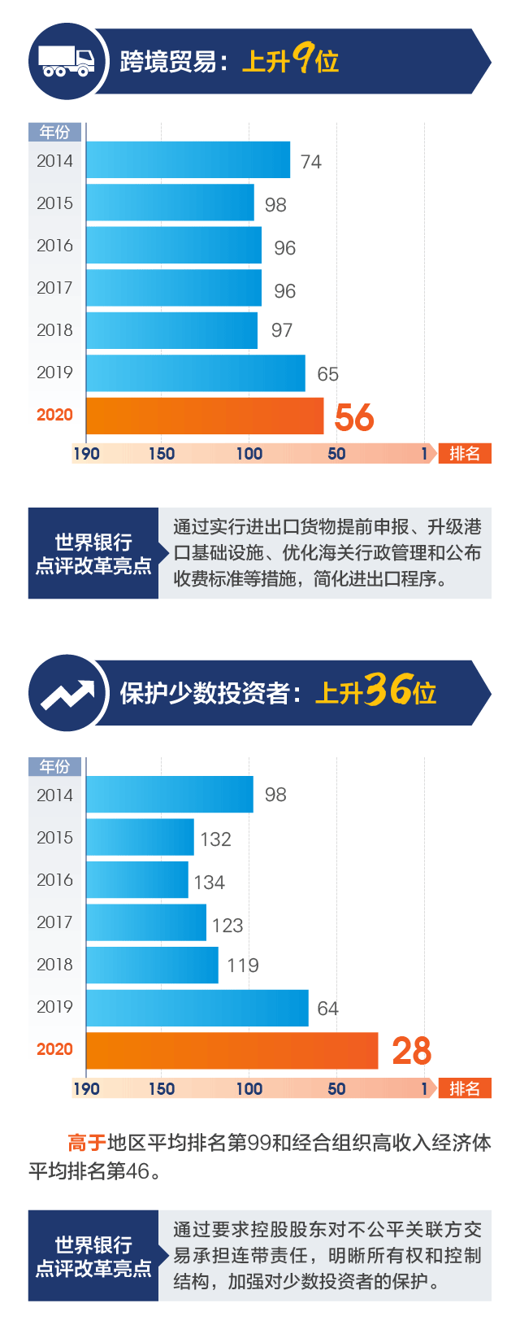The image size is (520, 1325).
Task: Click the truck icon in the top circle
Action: click(x=67, y=61)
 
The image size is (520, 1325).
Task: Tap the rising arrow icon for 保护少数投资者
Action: click(x=67, y=694)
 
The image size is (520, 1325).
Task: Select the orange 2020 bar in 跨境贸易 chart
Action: click(x=204, y=416)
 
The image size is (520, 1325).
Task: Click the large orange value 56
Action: click(x=354, y=417)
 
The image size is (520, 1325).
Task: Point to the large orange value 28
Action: click(x=411, y=1051)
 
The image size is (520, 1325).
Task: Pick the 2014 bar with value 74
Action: click(x=188, y=160)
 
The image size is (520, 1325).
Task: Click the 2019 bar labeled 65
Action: click(x=195, y=373)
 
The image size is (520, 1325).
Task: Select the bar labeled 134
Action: click(x=136, y=880)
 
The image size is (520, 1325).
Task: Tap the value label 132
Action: click(x=215, y=839)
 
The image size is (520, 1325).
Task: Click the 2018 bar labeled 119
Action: click(x=152, y=965)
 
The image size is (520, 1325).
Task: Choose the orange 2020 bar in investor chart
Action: click(x=232, y=1051)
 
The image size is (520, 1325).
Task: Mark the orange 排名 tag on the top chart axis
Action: click(x=465, y=454)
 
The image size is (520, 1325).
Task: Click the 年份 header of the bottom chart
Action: click(x=54, y=766)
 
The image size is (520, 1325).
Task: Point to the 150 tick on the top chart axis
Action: click(x=161, y=454)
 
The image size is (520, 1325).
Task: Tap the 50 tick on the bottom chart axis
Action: click(x=336, y=1089)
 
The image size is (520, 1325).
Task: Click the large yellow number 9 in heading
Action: click(x=303, y=59)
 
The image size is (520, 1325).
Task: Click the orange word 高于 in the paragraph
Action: click(x=87, y=1143)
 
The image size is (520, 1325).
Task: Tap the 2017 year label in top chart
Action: click(x=54, y=288)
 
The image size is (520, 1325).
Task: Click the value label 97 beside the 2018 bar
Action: click(x=282, y=330)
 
